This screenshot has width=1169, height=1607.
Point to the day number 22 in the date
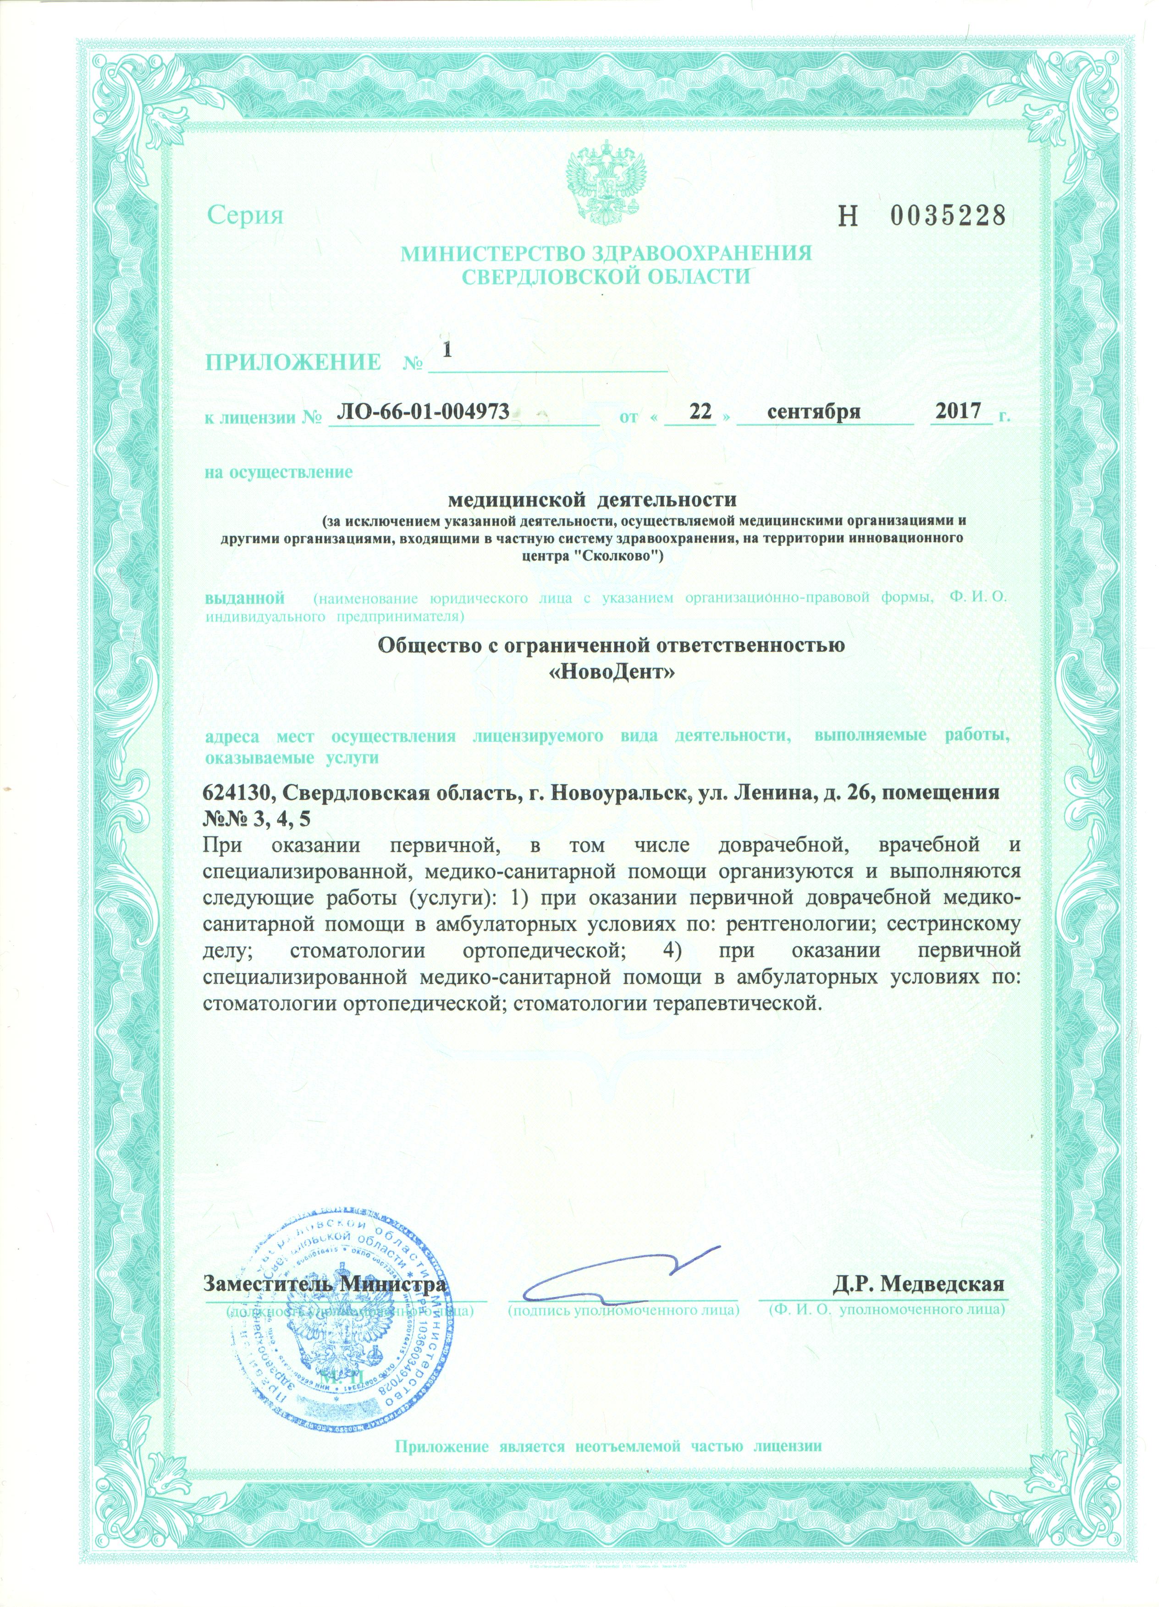coord(700,413)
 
